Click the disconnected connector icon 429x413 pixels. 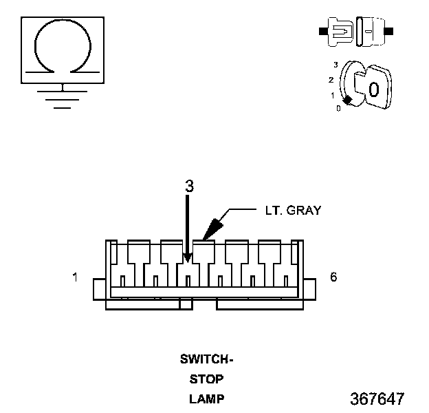click(x=356, y=32)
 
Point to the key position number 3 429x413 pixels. click(x=335, y=65)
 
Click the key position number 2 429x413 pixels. click(x=331, y=80)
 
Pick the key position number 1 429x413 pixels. click(x=333, y=96)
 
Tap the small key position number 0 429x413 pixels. click(x=338, y=109)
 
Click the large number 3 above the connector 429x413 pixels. click(x=189, y=186)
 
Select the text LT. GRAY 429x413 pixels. click(x=294, y=211)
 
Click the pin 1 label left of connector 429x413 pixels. click(x=75, y=277)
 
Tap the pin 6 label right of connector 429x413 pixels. click(x=333, y=277)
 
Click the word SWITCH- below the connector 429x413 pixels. click(x=206, y=359)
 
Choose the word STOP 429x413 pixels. click(x=206, y=379)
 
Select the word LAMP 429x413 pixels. click(x=207, y=399)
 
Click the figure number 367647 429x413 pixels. click(x=377, y=399)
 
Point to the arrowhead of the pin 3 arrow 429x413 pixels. click(x=188, y=258)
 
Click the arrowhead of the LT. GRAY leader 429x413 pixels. click(x=212, y=229)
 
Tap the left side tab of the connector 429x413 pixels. click(x=100, y=289)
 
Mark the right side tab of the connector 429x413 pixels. click(x=309, y=289)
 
